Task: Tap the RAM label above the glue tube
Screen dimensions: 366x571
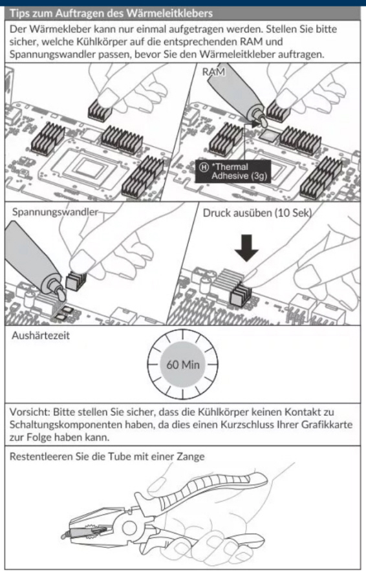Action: tap(214, 72)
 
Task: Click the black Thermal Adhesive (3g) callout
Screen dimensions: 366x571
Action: tap(233, 171)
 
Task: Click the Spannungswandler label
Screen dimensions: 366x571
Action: tap(56, 212)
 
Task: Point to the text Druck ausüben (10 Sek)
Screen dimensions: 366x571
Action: tap(257, 213)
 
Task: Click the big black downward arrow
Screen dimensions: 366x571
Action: tap(246, 248)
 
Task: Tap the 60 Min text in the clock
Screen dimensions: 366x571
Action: tap(183, 365)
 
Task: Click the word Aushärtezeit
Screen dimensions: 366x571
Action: tap(41, 336)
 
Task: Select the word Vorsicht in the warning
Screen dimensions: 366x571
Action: tap(30, 412)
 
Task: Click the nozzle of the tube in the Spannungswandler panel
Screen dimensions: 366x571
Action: tap(59, 292)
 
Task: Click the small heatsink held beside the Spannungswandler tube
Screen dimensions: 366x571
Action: tap(76, 281)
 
